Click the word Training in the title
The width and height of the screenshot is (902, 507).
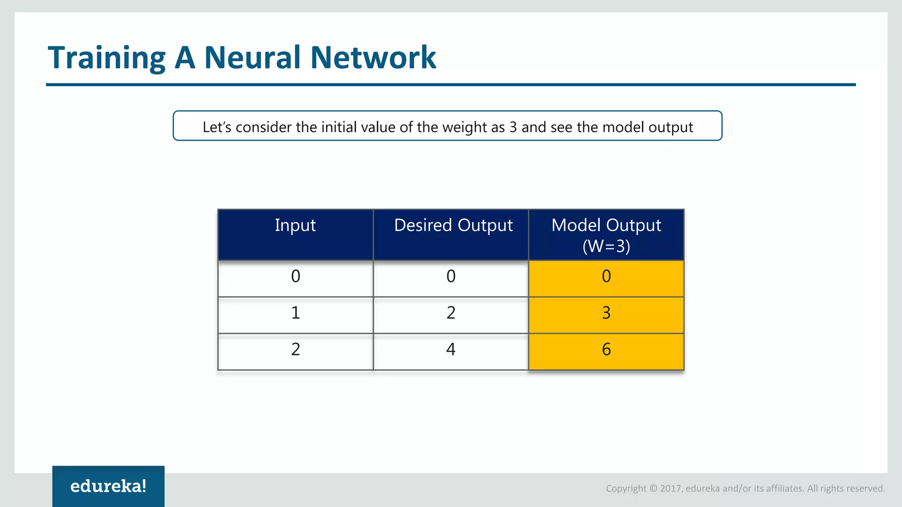(x=106, y=58)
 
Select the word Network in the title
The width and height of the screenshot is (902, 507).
(x=373, y=57)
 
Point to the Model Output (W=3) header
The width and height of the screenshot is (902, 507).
(x=606, y=235)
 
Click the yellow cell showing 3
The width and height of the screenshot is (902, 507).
(x=606, y=313)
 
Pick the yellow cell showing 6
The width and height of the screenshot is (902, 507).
(x=606, y=350)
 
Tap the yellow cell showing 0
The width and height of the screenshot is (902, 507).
(x=606, y=277)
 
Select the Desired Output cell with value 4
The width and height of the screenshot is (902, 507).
(x=451, y=350)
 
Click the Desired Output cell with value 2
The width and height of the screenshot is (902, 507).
(x=451, y=313)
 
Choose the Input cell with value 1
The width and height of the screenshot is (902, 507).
(x=296, y=313)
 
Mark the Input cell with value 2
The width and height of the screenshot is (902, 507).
(x=296, y=350)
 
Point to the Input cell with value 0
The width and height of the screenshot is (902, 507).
(x=296, y=277)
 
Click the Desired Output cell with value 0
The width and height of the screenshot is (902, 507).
(x=451, y=277)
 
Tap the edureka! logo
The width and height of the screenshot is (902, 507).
(x=108, y=486)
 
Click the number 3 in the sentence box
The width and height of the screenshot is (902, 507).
(x=513, y=127)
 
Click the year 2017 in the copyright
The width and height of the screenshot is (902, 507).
(x=671, y=489)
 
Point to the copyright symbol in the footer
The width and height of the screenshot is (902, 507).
(x=653, y=489)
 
